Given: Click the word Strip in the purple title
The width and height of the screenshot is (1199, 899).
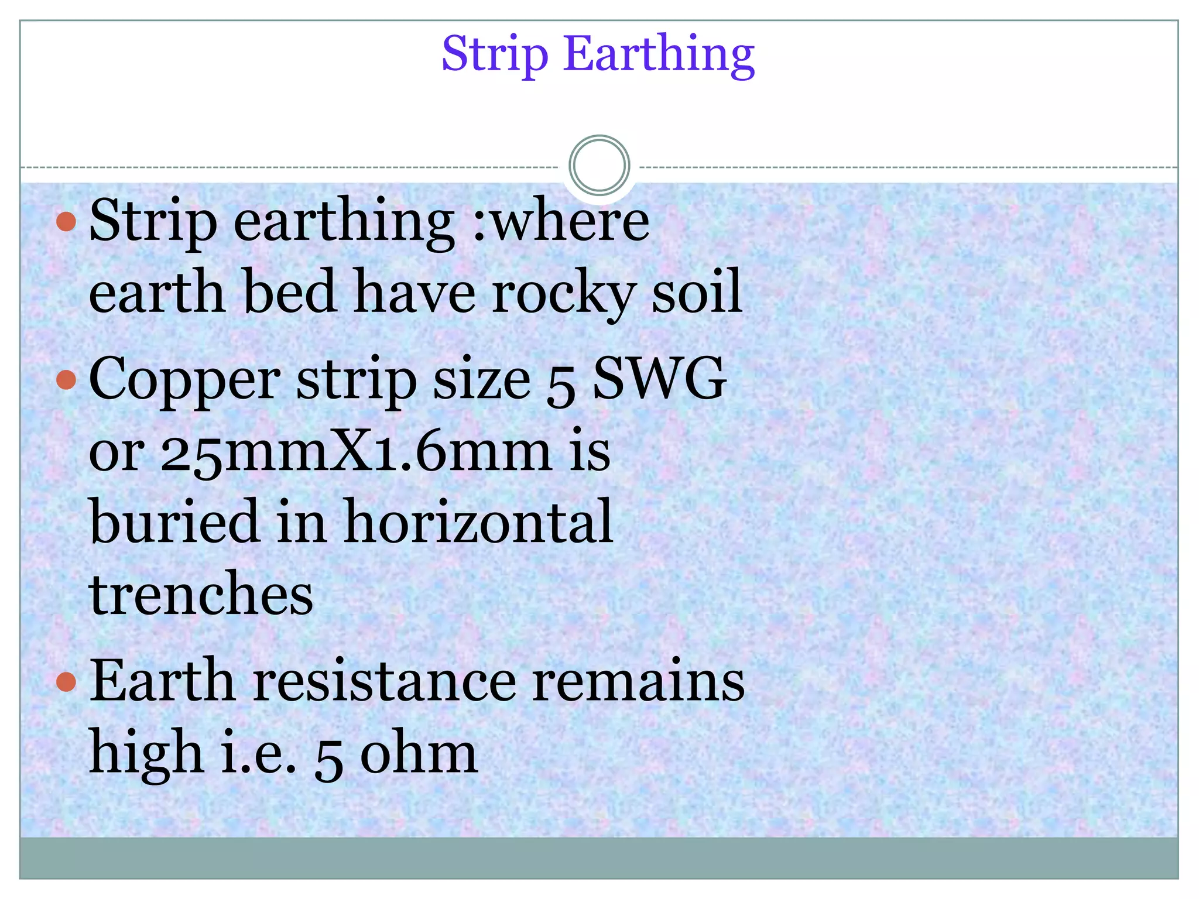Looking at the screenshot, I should point(495,54).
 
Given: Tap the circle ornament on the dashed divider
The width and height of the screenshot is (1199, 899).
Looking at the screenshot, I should point(599,165).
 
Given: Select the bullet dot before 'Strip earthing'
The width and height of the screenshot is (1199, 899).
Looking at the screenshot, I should point(67,221).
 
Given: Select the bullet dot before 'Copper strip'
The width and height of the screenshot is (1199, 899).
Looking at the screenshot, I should point(67,380).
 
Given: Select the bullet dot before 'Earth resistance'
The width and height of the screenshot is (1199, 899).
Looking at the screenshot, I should point(67,682).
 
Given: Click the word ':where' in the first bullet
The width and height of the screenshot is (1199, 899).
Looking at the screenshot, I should point(561,221).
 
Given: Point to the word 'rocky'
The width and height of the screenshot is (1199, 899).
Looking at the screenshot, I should point(563,293).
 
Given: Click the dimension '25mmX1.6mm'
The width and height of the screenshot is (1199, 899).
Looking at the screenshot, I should point(356,452).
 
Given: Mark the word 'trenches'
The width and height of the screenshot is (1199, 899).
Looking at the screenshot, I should point(201,593).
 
